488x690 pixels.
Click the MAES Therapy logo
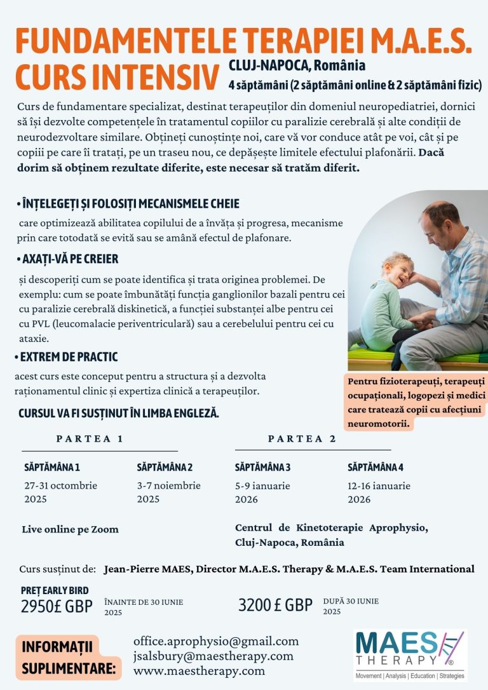click(x=409, y=655)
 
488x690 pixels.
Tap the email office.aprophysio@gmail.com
click(x=215, y=641)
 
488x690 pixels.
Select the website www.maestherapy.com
click(x=199, y=670)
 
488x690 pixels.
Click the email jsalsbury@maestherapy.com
click(x=213, y=656)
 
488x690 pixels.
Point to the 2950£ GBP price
click(x=57, y=605)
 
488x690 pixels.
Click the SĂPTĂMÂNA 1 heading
click(x=52, y=468)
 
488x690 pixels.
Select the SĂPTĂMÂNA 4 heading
click(x=376, y=468)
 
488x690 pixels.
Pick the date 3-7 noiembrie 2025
click(x=168, y=492)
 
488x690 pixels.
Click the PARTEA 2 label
click(x=302, y=438)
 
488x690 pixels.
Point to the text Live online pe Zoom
click(x=70, y=529)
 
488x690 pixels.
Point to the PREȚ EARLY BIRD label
click(x=55, y=590)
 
